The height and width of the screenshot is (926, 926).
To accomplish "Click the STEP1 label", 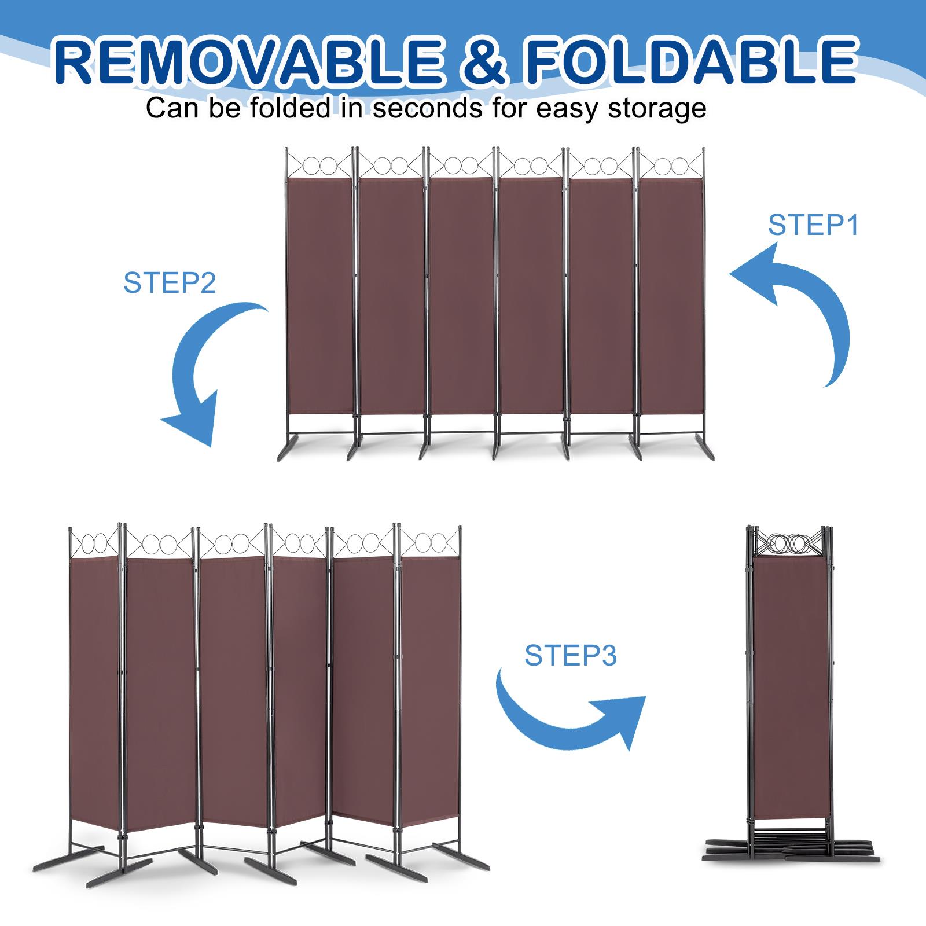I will pos(813,225).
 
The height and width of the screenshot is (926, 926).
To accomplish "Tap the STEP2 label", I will pos(170,283).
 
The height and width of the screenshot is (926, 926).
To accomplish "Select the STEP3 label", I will pos(571,656).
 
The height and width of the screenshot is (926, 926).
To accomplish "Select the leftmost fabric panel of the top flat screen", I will pos(319,295).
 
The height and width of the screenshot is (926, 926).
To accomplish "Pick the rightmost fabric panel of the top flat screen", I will pos(670,295).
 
